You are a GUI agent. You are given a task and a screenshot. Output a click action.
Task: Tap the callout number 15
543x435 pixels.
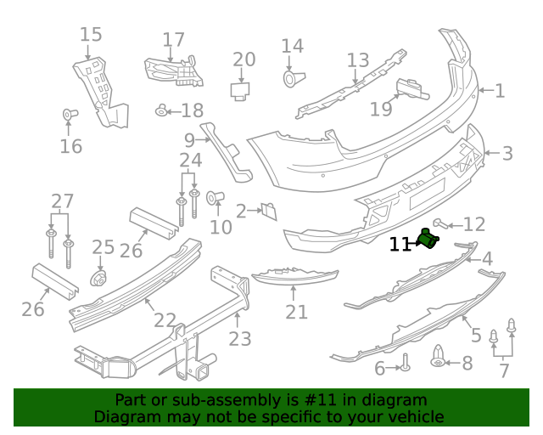pos(91,35)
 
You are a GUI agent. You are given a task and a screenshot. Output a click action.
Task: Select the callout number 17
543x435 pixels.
pos(173,40)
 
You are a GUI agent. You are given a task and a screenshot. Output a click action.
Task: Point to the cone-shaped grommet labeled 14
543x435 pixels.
pos(291,79)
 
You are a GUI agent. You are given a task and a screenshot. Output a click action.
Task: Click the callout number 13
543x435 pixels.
pos(358,60)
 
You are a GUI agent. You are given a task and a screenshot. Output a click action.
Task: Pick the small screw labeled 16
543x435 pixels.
pos(70,114)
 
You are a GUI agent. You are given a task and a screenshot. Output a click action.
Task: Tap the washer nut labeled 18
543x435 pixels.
pos(161,110)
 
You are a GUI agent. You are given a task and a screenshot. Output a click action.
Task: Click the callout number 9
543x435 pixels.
pos(189,139)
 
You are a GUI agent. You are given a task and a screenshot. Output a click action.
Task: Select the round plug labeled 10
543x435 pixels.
pos(215,198)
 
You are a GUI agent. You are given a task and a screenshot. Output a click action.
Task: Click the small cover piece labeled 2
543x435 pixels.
pos(268,210)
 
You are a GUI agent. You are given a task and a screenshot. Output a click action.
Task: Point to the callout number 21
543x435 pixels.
pos(296,313)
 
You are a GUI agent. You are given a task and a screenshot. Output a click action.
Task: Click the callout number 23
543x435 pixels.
pos(240,339)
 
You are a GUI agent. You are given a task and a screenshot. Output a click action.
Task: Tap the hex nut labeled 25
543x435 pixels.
pos(98,278)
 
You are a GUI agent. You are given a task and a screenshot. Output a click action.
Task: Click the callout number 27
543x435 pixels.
pos(63,201)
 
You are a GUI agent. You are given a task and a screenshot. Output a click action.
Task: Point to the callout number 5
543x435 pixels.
pos(476,335)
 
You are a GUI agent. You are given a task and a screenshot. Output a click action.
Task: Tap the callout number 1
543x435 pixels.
pos(499,91)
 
